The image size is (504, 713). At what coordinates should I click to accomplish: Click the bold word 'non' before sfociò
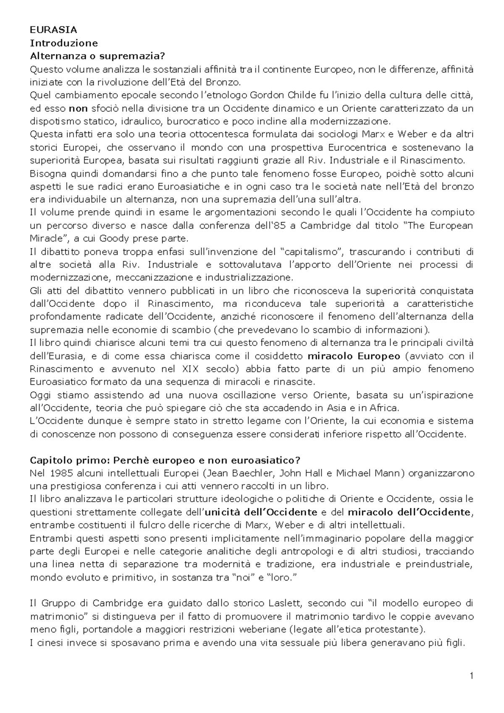click(78, 108)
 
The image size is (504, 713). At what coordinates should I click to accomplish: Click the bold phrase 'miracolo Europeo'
click(354, 356)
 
